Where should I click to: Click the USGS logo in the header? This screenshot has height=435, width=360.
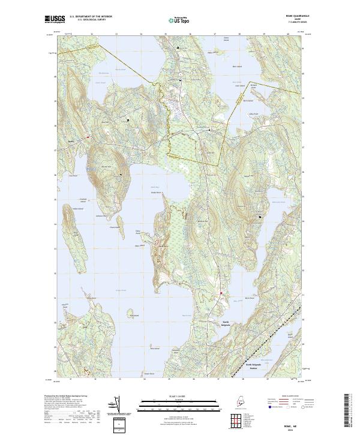(x=55, y=19)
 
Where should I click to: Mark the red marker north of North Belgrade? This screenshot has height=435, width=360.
(x=220, y=293)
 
